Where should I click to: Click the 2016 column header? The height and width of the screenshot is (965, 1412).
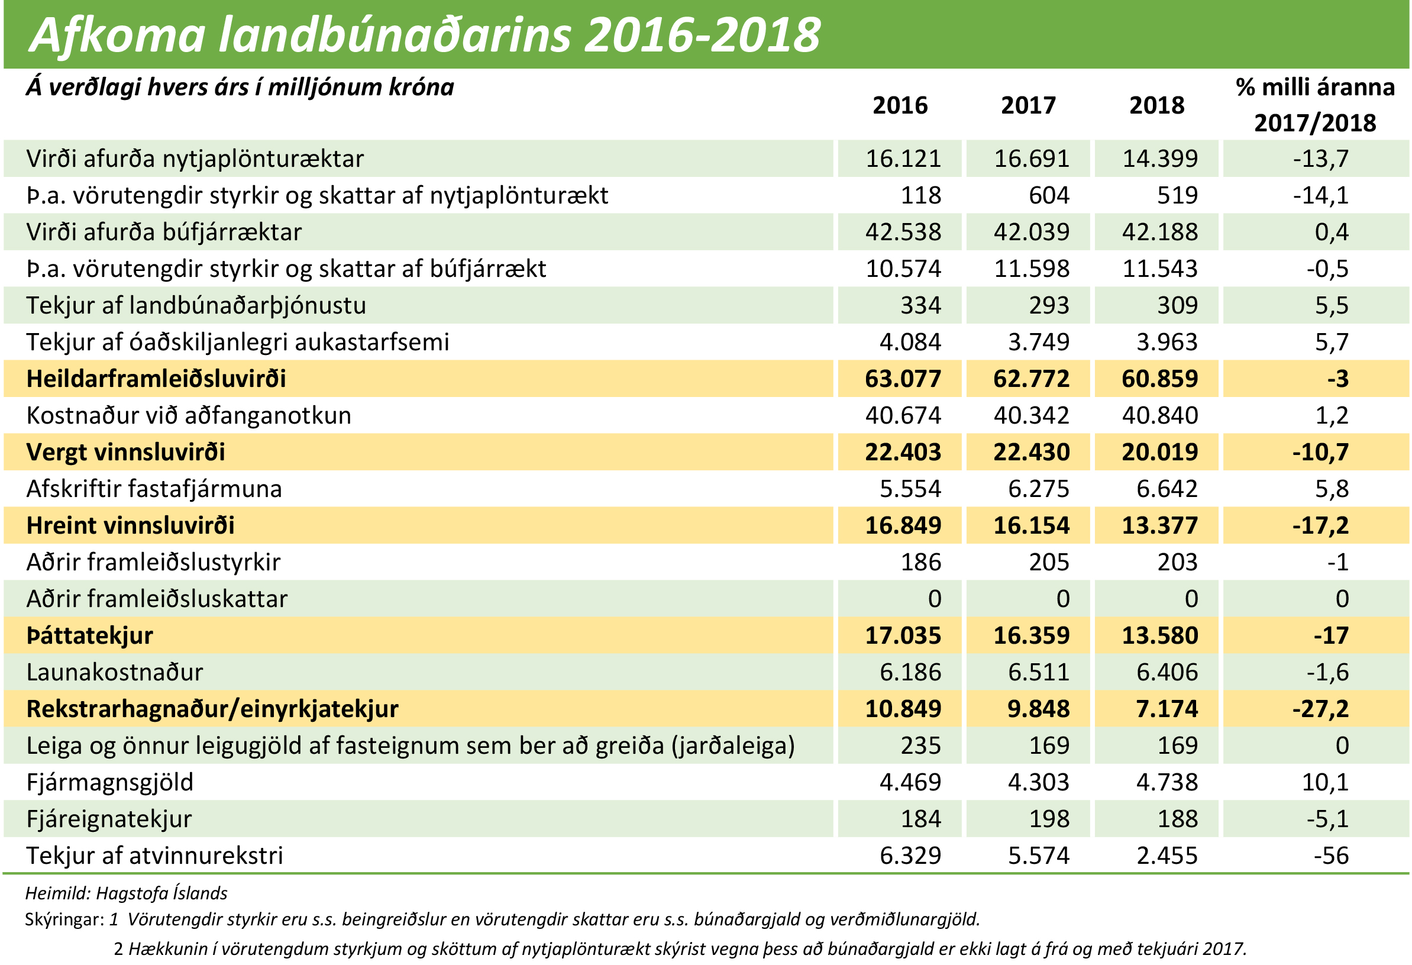900,106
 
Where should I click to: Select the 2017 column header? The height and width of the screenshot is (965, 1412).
1028,106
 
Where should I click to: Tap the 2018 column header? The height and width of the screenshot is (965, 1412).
1156,106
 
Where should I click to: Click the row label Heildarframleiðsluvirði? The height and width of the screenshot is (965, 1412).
156,379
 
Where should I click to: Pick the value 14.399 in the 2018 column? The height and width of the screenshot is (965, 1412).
1159,159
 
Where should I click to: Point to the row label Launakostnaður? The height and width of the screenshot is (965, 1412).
114,672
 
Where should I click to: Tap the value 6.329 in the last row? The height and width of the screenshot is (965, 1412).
910,855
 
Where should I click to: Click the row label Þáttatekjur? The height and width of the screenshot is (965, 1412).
89,635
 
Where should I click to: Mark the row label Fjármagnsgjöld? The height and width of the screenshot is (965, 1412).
109,782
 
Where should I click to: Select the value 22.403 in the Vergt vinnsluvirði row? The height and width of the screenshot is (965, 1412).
903,452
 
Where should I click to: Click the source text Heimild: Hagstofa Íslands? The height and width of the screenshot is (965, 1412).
127,893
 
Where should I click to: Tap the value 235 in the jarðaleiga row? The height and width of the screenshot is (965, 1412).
920,745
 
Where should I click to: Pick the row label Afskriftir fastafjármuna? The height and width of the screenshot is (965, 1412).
154,489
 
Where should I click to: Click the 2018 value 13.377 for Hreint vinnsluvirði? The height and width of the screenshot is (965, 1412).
1159,525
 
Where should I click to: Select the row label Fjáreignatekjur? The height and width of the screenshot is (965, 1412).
109,818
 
